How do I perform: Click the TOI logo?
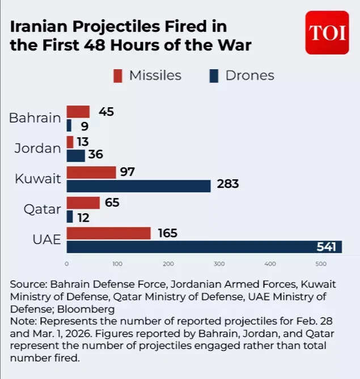(327, 32)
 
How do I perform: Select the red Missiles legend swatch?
(118, 75)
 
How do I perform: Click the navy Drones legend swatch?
(214, 75)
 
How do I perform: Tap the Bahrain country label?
(35, 118)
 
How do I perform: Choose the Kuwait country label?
(37, 179)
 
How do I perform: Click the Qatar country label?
(42, 209)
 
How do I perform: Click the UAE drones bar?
(204, 247)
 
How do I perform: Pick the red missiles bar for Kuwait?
(91, 172)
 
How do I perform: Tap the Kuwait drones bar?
(138, 186)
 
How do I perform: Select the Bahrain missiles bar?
(78, 112)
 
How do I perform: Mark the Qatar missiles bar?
(83, 203)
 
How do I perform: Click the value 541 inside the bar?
(327, 247)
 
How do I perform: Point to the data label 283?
(227, 184)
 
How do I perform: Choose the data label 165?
(168, 233)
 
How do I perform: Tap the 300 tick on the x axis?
(219, 264)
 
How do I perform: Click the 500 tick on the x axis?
(320, 264)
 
